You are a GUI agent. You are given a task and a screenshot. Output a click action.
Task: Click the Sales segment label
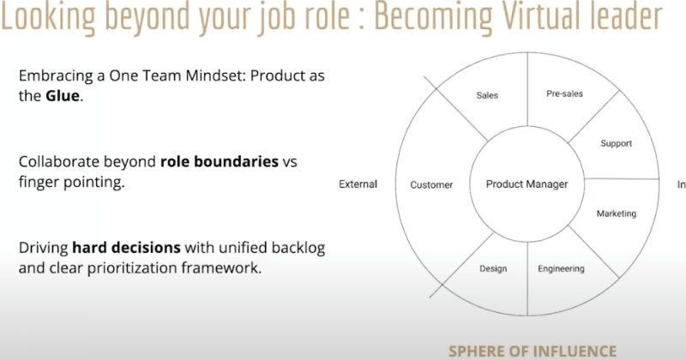[487, 95]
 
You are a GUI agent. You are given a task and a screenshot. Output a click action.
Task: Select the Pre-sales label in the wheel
[564, 93]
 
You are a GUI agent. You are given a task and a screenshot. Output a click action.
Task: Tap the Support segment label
[616, 143]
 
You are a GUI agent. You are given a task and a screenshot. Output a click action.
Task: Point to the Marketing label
[616, 213]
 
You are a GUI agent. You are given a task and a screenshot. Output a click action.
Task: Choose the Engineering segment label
[561, 268]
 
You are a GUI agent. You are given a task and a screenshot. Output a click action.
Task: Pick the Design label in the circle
[492, 268]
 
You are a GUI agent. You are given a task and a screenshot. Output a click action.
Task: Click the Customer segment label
[431, 184]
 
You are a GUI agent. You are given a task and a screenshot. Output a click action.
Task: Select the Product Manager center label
[527, 184]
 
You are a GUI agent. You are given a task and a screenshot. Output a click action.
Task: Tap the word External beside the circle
[358, 184]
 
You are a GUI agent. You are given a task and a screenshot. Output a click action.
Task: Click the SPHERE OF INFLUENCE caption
[532, 350]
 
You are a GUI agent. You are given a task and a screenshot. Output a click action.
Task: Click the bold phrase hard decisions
[126, 248]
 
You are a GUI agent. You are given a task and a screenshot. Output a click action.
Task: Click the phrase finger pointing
[66, 183]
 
